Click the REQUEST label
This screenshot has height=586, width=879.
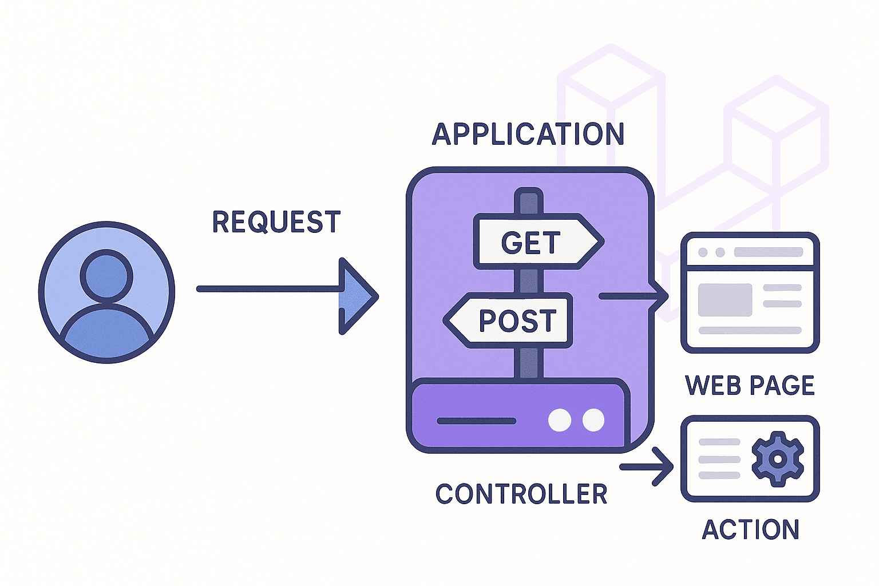276,222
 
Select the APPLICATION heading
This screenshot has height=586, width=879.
528,134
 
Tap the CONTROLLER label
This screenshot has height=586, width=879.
521,494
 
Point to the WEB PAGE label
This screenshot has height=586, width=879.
750,385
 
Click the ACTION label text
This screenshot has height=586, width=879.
750,529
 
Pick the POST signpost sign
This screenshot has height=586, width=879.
510,320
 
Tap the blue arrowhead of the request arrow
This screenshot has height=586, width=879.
356,296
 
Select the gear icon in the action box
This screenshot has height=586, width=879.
777,459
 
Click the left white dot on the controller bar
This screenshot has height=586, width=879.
559,420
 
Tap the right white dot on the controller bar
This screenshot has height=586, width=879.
593,420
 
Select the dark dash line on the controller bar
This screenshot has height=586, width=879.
476,421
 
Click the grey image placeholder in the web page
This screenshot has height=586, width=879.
724,300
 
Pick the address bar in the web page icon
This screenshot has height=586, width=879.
768,252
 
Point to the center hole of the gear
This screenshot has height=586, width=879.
777,459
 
